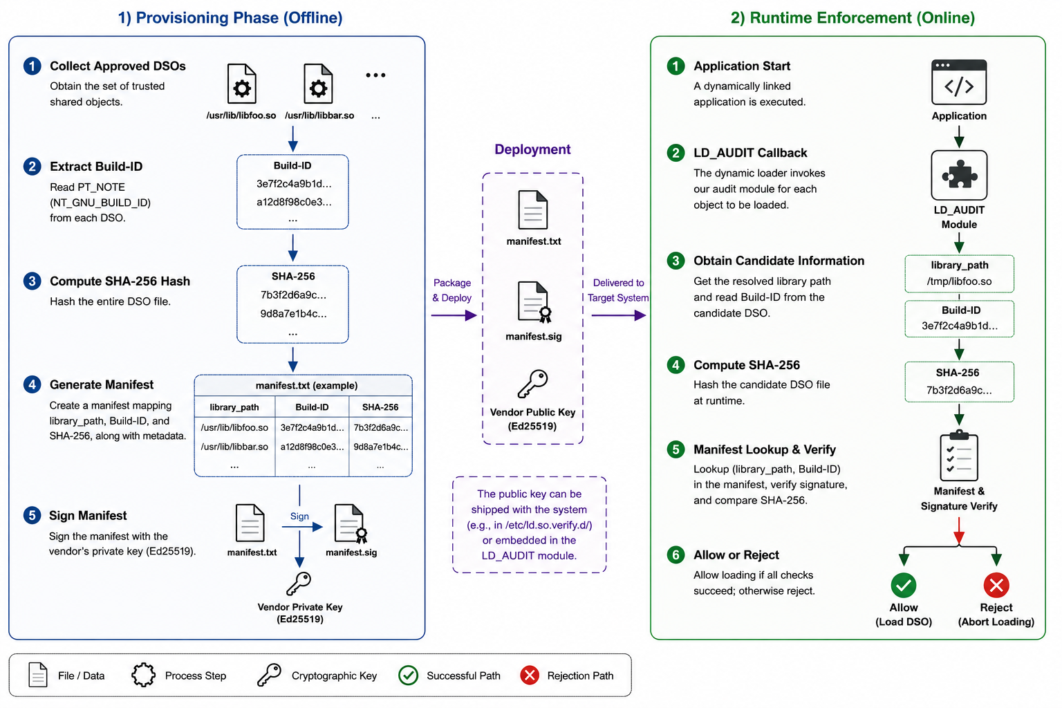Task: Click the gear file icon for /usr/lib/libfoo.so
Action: coord(242,84)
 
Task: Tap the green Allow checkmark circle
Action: coord(903,585)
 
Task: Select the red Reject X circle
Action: coord(996,585)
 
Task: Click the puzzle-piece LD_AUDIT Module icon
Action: coord(959,176)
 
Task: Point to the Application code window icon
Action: coord(959,82)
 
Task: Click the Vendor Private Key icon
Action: coord(299,584)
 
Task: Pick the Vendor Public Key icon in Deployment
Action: coord(532,384)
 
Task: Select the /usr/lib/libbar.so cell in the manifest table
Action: coord(234,447)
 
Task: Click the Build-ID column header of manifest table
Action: coord(312,407)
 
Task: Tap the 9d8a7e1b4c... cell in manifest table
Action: coord(381,447)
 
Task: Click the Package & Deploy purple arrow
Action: coord(454,315)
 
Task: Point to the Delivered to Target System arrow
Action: coord(619,315)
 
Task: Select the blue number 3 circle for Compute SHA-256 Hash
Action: coord(32,281)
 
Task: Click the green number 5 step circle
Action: coord(676,449)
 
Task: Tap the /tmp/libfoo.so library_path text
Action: coord(959,281)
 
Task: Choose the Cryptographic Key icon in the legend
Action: coord(269,675)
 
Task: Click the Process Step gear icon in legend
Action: coord(143,675)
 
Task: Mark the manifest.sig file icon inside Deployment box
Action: coord(533,302)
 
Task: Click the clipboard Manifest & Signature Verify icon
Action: coord(959,455)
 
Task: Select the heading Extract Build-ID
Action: coord(96,167)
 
